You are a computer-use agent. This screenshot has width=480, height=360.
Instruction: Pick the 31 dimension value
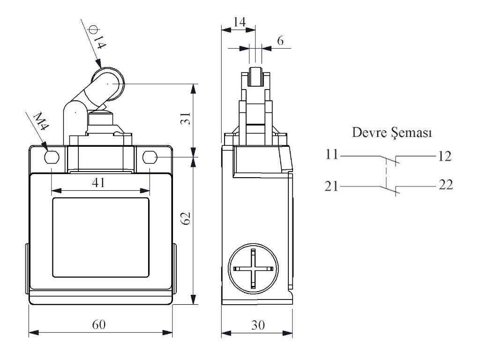(186, 120)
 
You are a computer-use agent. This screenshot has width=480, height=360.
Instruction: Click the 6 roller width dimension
(280, 41)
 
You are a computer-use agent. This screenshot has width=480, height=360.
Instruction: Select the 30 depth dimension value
(256, 324)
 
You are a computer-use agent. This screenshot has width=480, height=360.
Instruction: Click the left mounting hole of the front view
(51, 157)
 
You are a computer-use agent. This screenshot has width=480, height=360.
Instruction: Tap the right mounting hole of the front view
(150, 157)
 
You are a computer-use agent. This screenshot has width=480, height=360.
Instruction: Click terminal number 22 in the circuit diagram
(445, 186)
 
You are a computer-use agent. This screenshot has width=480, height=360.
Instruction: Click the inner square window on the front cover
(100, 237)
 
